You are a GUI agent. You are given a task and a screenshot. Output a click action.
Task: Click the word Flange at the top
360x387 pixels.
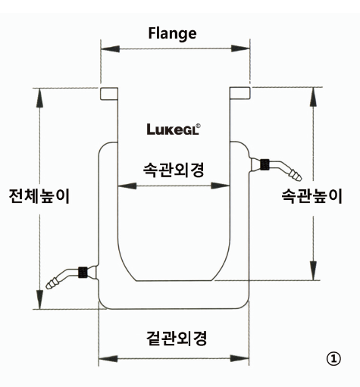tap(172, 33)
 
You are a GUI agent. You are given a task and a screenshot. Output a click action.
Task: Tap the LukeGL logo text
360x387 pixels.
tap(174, 129)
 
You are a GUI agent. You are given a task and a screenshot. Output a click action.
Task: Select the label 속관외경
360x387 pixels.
tap(174, 170)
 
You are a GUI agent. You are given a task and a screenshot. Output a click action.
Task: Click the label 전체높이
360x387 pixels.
tap(39, 196)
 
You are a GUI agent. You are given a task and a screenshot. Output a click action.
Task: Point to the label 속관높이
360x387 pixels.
tap(312, 196)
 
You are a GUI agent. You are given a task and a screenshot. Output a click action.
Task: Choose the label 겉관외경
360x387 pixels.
tap(177, 338)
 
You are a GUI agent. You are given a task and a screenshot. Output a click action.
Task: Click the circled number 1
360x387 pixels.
tap(333, 358)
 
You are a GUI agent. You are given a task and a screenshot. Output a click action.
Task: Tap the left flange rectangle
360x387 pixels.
tap(109, 94)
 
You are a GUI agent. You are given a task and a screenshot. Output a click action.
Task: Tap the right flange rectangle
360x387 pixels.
tap(240, 93)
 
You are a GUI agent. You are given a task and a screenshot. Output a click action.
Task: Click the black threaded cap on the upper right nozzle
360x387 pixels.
tap(265, 164)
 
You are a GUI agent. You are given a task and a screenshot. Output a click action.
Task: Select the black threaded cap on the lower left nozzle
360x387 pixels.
tap(83, 273)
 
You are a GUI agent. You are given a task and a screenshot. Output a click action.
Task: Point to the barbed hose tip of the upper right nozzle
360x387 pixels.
tap(296, 175)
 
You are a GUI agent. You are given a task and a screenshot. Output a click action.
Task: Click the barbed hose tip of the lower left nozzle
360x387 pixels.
tap(52, 283)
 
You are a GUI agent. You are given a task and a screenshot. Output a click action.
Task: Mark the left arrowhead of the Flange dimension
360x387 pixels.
tap(110, 48)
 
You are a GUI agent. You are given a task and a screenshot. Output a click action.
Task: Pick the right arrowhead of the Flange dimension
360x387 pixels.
tap(240, 48)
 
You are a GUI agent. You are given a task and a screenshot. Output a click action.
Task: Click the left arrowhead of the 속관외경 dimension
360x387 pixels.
tap(127, 186)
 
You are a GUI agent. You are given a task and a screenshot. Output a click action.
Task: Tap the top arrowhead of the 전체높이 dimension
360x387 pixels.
tap(39, 98)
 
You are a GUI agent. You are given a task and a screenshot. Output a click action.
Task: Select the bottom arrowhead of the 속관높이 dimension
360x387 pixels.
tap(313, 270)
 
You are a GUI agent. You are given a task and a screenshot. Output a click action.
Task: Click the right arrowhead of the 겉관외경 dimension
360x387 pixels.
tap(239, 358)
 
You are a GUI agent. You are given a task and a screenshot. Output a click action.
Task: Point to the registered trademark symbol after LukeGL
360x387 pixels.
tap(199, 126)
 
